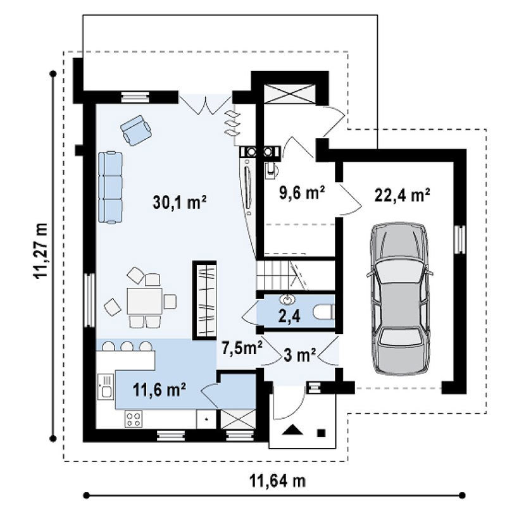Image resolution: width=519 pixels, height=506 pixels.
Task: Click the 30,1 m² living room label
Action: (180, 202)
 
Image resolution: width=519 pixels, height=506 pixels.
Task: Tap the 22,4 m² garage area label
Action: (402, 195)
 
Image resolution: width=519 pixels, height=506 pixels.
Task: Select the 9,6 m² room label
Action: (302, 193)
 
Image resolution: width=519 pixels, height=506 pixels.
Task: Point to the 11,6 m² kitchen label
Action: (159, 390)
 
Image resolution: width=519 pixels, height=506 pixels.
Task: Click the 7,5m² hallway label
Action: (242, 349)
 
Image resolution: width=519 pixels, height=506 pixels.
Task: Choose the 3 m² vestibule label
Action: (299, 355)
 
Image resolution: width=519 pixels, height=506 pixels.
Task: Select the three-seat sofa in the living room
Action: (110, 187)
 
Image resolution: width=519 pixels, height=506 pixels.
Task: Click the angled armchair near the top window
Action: (136, 130)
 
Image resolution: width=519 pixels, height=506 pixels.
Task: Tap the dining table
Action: (145, 301)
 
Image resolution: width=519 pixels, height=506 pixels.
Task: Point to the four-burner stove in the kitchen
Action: (134, 419)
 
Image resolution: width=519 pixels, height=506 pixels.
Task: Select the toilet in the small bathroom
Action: (323, 313)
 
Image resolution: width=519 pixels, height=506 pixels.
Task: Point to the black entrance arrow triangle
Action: (292, 430)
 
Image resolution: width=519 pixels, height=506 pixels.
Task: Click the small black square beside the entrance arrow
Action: (321, 433)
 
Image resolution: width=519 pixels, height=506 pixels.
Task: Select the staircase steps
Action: (282, 276)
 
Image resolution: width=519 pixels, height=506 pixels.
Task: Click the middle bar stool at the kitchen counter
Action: (127, 346)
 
